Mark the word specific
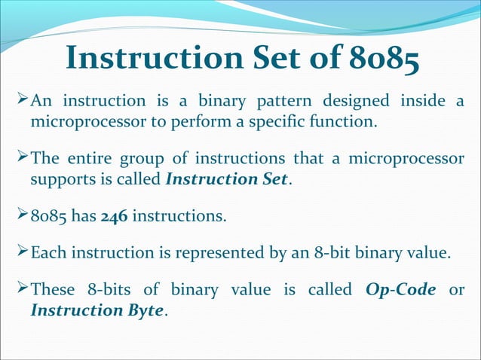click(x=293, y=121)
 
